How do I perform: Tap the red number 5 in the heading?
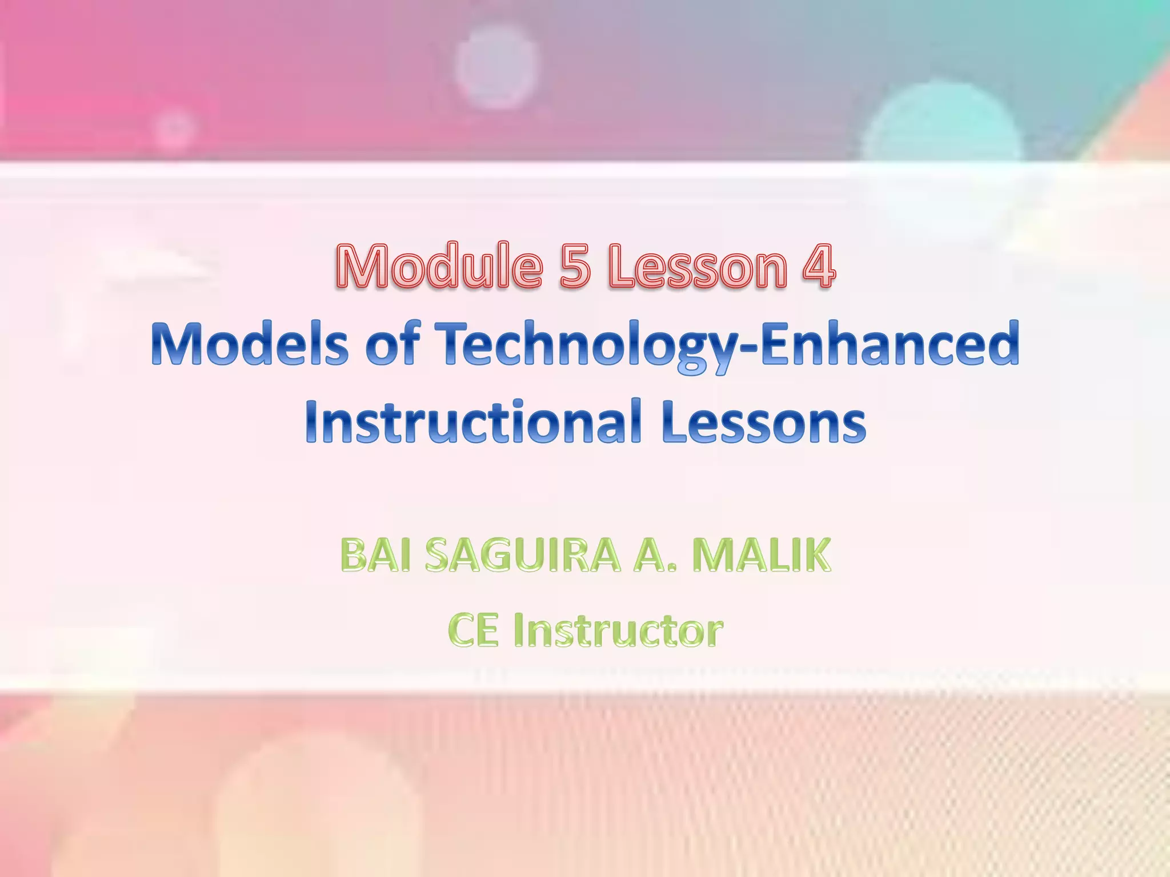(575, 266)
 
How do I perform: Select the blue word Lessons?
(763, 423)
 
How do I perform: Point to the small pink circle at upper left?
(175, 129)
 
